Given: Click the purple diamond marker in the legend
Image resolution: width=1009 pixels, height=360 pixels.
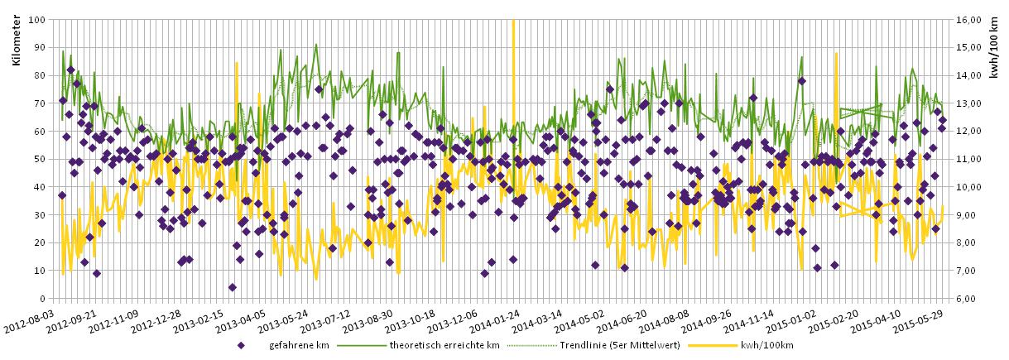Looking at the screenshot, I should click(241, 345).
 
